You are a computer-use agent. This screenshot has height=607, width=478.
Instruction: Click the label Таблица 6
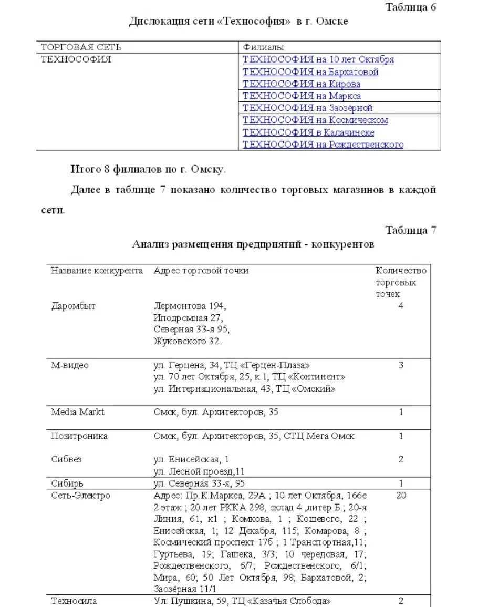(x=411, y=7)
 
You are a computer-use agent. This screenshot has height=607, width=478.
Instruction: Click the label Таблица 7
(x=411, y=230)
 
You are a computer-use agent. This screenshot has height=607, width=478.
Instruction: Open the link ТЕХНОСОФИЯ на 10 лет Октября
(x=318, y=60)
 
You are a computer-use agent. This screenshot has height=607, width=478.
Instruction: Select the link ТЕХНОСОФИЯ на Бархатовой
(x=310, y=72)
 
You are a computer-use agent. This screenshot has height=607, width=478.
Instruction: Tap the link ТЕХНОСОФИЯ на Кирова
(x=302, y=84)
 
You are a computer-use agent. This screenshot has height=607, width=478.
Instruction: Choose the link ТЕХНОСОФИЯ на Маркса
(x=302, y=96)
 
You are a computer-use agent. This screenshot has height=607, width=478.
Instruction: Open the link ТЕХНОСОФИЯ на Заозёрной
(x=307, y=108)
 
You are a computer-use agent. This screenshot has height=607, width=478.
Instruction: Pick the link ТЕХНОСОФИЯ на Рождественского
(x=323, y=145)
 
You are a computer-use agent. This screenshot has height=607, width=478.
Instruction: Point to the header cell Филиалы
(x=260, y=48)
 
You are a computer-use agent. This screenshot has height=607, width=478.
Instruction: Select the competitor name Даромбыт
(x=73, y=306)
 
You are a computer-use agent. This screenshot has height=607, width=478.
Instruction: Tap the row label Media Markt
(x=77, y=412)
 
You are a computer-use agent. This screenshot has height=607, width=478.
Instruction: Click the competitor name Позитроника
(x=79, y=436)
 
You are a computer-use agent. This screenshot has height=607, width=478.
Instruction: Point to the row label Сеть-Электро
(x=80, y=496)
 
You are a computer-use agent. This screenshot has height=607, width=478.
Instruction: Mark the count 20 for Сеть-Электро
(x=401, y=496)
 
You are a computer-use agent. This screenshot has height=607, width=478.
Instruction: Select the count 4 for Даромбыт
(x=401, y=306)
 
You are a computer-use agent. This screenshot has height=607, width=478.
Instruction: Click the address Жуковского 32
(x=187, y=342)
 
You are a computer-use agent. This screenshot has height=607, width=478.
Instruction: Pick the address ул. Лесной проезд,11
(x=199, y=471)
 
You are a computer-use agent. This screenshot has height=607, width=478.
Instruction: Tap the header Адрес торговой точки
(x=201, y=271)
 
